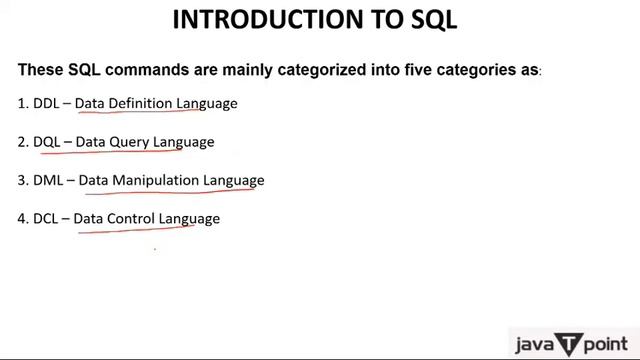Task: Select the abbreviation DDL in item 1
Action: coord(46,103)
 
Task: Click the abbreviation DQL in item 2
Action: coord(46,142)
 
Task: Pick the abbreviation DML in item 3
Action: coord(48,181)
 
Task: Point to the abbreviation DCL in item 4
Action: coord(45,219)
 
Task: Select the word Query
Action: coord(130,142)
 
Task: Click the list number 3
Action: coord(22,181)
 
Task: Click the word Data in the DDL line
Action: coord(89,103)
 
